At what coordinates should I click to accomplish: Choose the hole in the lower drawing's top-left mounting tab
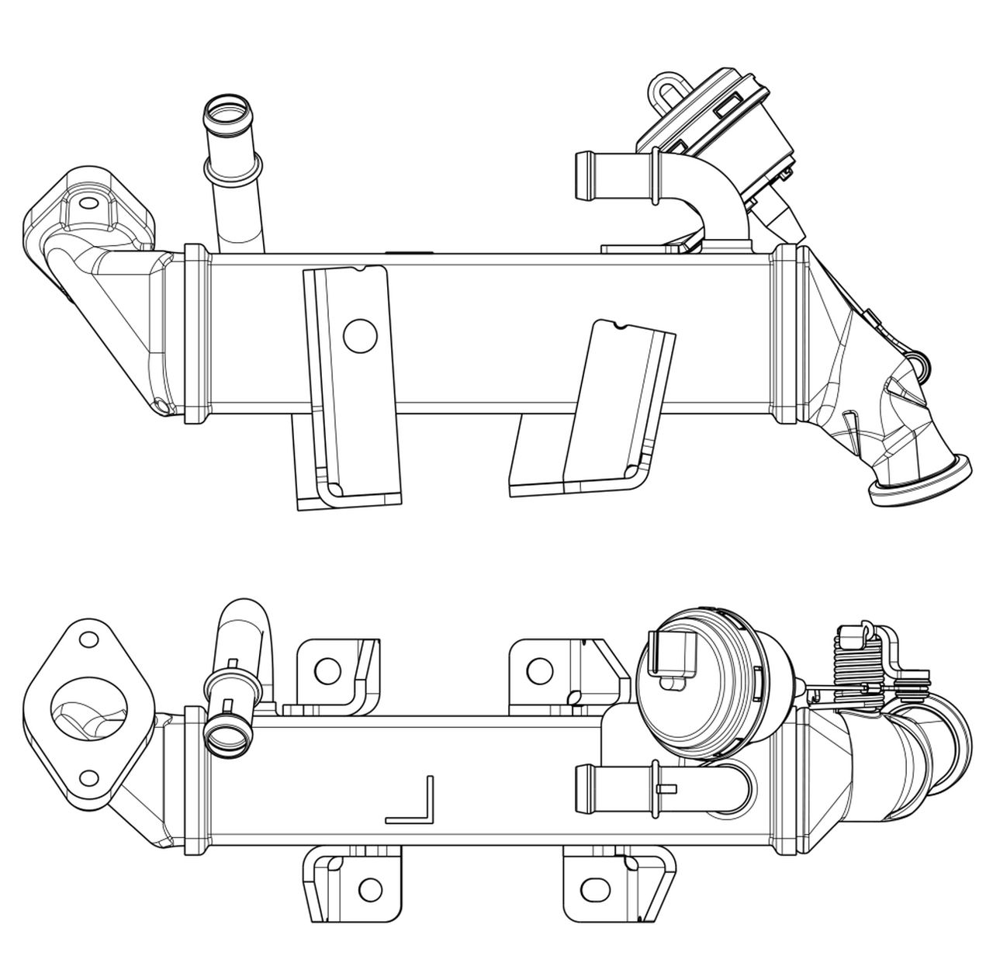327,670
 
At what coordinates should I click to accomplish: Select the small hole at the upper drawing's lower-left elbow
161,405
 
